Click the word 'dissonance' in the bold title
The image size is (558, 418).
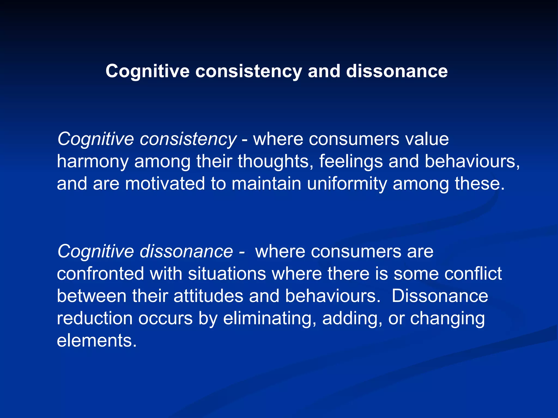pyautogui.click(x=397, y=71)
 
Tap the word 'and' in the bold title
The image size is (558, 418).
pyautogui.click(x=324, y=71)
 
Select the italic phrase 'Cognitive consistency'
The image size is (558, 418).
pyautogui.click(x=147, y=139)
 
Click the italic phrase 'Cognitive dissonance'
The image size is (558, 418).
pyautogui.click(x=145, y=251)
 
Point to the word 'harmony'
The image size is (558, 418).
pyautogui.click(x=93, y=161)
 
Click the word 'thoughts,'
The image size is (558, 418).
pyautogui.click(x=275, y=161)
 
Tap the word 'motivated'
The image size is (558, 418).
pyautogui.click(x=165, y=184)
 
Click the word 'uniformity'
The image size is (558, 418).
pyautogui.click(x=347, y=184)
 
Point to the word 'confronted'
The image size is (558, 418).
pyautogui.click(x=100, y=273)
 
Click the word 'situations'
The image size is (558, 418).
pyautogui.click(x=227, y=273)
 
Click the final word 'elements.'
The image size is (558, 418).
pyautogui.click(x=96, y=340)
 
